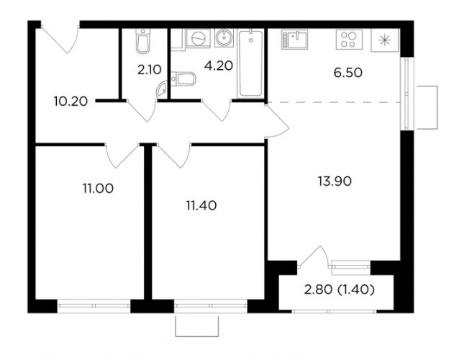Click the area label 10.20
(71, 102)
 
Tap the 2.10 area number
(149, 70)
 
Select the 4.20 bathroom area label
(218, 66)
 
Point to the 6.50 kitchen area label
(348, 73)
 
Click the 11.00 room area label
(98, 189)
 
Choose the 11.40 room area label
(201, 206)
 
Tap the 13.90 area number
(335, 181)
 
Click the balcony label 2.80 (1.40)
(340, 289)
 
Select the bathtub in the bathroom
(250, 64)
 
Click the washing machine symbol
(198, 38)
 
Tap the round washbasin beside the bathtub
(224, 38)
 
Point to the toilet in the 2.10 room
(142, 41)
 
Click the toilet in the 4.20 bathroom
(183, 78)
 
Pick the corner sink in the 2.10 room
(161, 89)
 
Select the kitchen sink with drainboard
(294, 40)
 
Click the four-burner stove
(349, 40)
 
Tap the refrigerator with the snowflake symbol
(385, 40)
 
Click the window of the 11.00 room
(94, 306)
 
